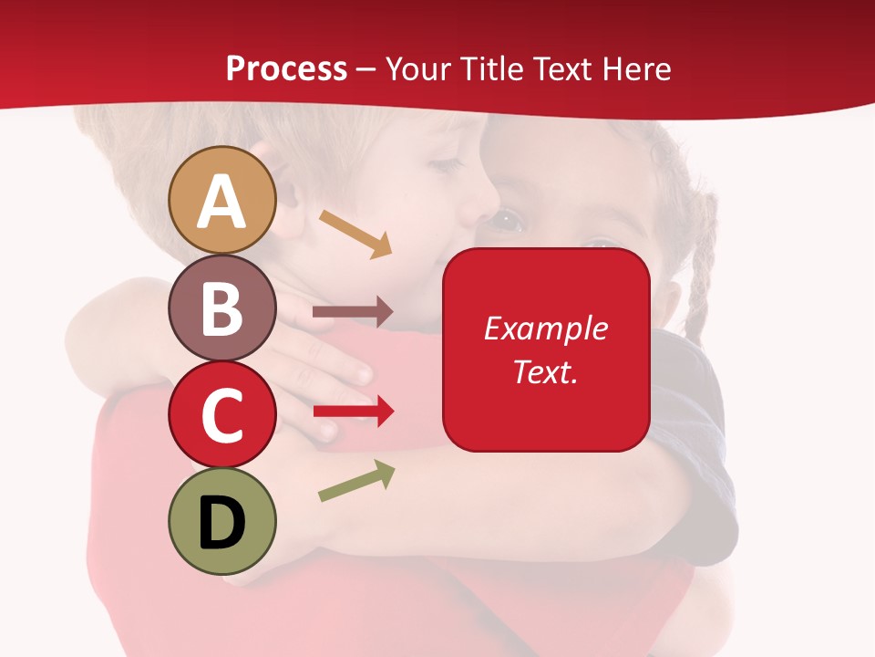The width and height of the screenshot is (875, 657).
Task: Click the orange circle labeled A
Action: [x=222, y=200]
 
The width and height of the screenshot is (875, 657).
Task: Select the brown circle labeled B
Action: [x=222, y=308]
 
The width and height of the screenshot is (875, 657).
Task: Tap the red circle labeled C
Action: [x=222, y=414]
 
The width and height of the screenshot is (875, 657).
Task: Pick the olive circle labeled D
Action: [x=222, y=521]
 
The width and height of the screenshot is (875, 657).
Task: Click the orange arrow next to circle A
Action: [x=355, y=233]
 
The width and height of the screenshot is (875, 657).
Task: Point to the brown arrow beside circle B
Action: [x=352, y=312]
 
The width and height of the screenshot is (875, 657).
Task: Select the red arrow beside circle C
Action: [x=353, y=412]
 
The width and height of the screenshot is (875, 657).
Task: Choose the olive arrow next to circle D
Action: [x=356, y=481]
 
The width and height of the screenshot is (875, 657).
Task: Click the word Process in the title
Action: [x=286, y=68]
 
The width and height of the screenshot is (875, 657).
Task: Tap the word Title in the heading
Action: [x=493, y=68]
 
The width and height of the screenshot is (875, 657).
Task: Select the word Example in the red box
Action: [x=545, y=328]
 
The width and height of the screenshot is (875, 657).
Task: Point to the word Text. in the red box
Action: [x=545, y=371]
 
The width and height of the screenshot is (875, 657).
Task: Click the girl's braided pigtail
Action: [x=700, y=274]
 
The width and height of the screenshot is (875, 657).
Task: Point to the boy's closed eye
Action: [x=446, y=165]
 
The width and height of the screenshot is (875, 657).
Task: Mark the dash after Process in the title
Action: [x=366, y=69]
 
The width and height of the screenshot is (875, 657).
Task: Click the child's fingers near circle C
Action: [x=351, y=370]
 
